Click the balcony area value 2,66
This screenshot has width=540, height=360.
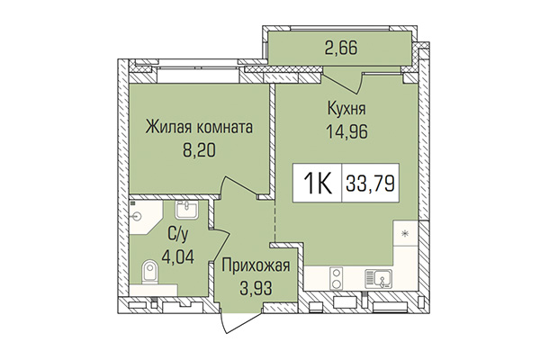tap(343, 49)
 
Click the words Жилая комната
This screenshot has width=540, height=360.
tap(200, 127)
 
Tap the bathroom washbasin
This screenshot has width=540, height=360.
tap(189, 211)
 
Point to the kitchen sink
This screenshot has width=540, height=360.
tap(378, 277)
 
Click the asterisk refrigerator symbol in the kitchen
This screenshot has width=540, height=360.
tap(404, 234)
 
